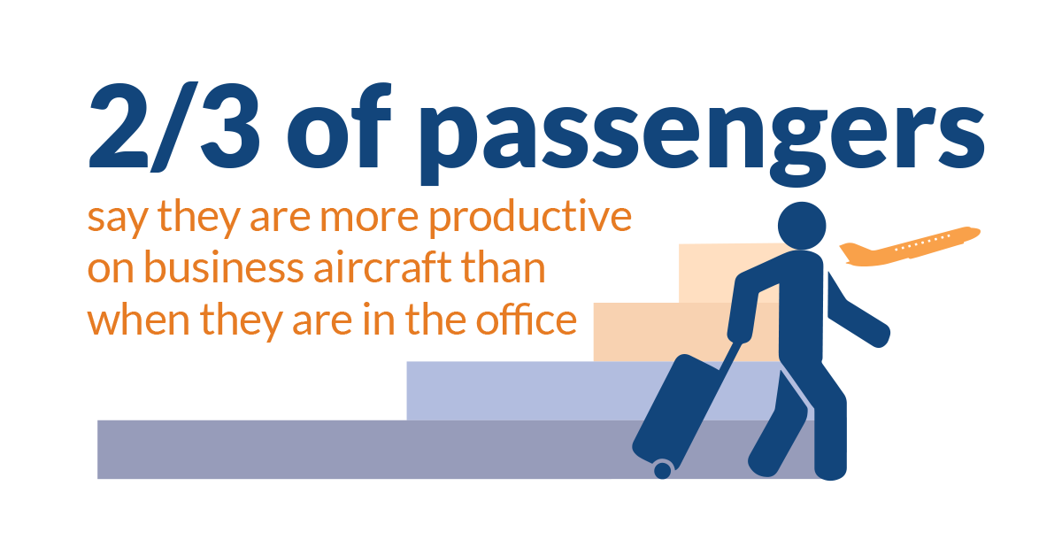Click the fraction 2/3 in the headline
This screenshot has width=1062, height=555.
click(174, 127)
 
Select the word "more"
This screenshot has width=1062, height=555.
click(369, 220)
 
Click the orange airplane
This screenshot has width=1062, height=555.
click(910, 247)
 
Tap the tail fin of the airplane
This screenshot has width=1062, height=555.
click(852, 251)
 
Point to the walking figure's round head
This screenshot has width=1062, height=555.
click(802, 226)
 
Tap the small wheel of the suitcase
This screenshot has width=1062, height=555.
click(662, 470)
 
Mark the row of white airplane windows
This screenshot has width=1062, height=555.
click(922, 243)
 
